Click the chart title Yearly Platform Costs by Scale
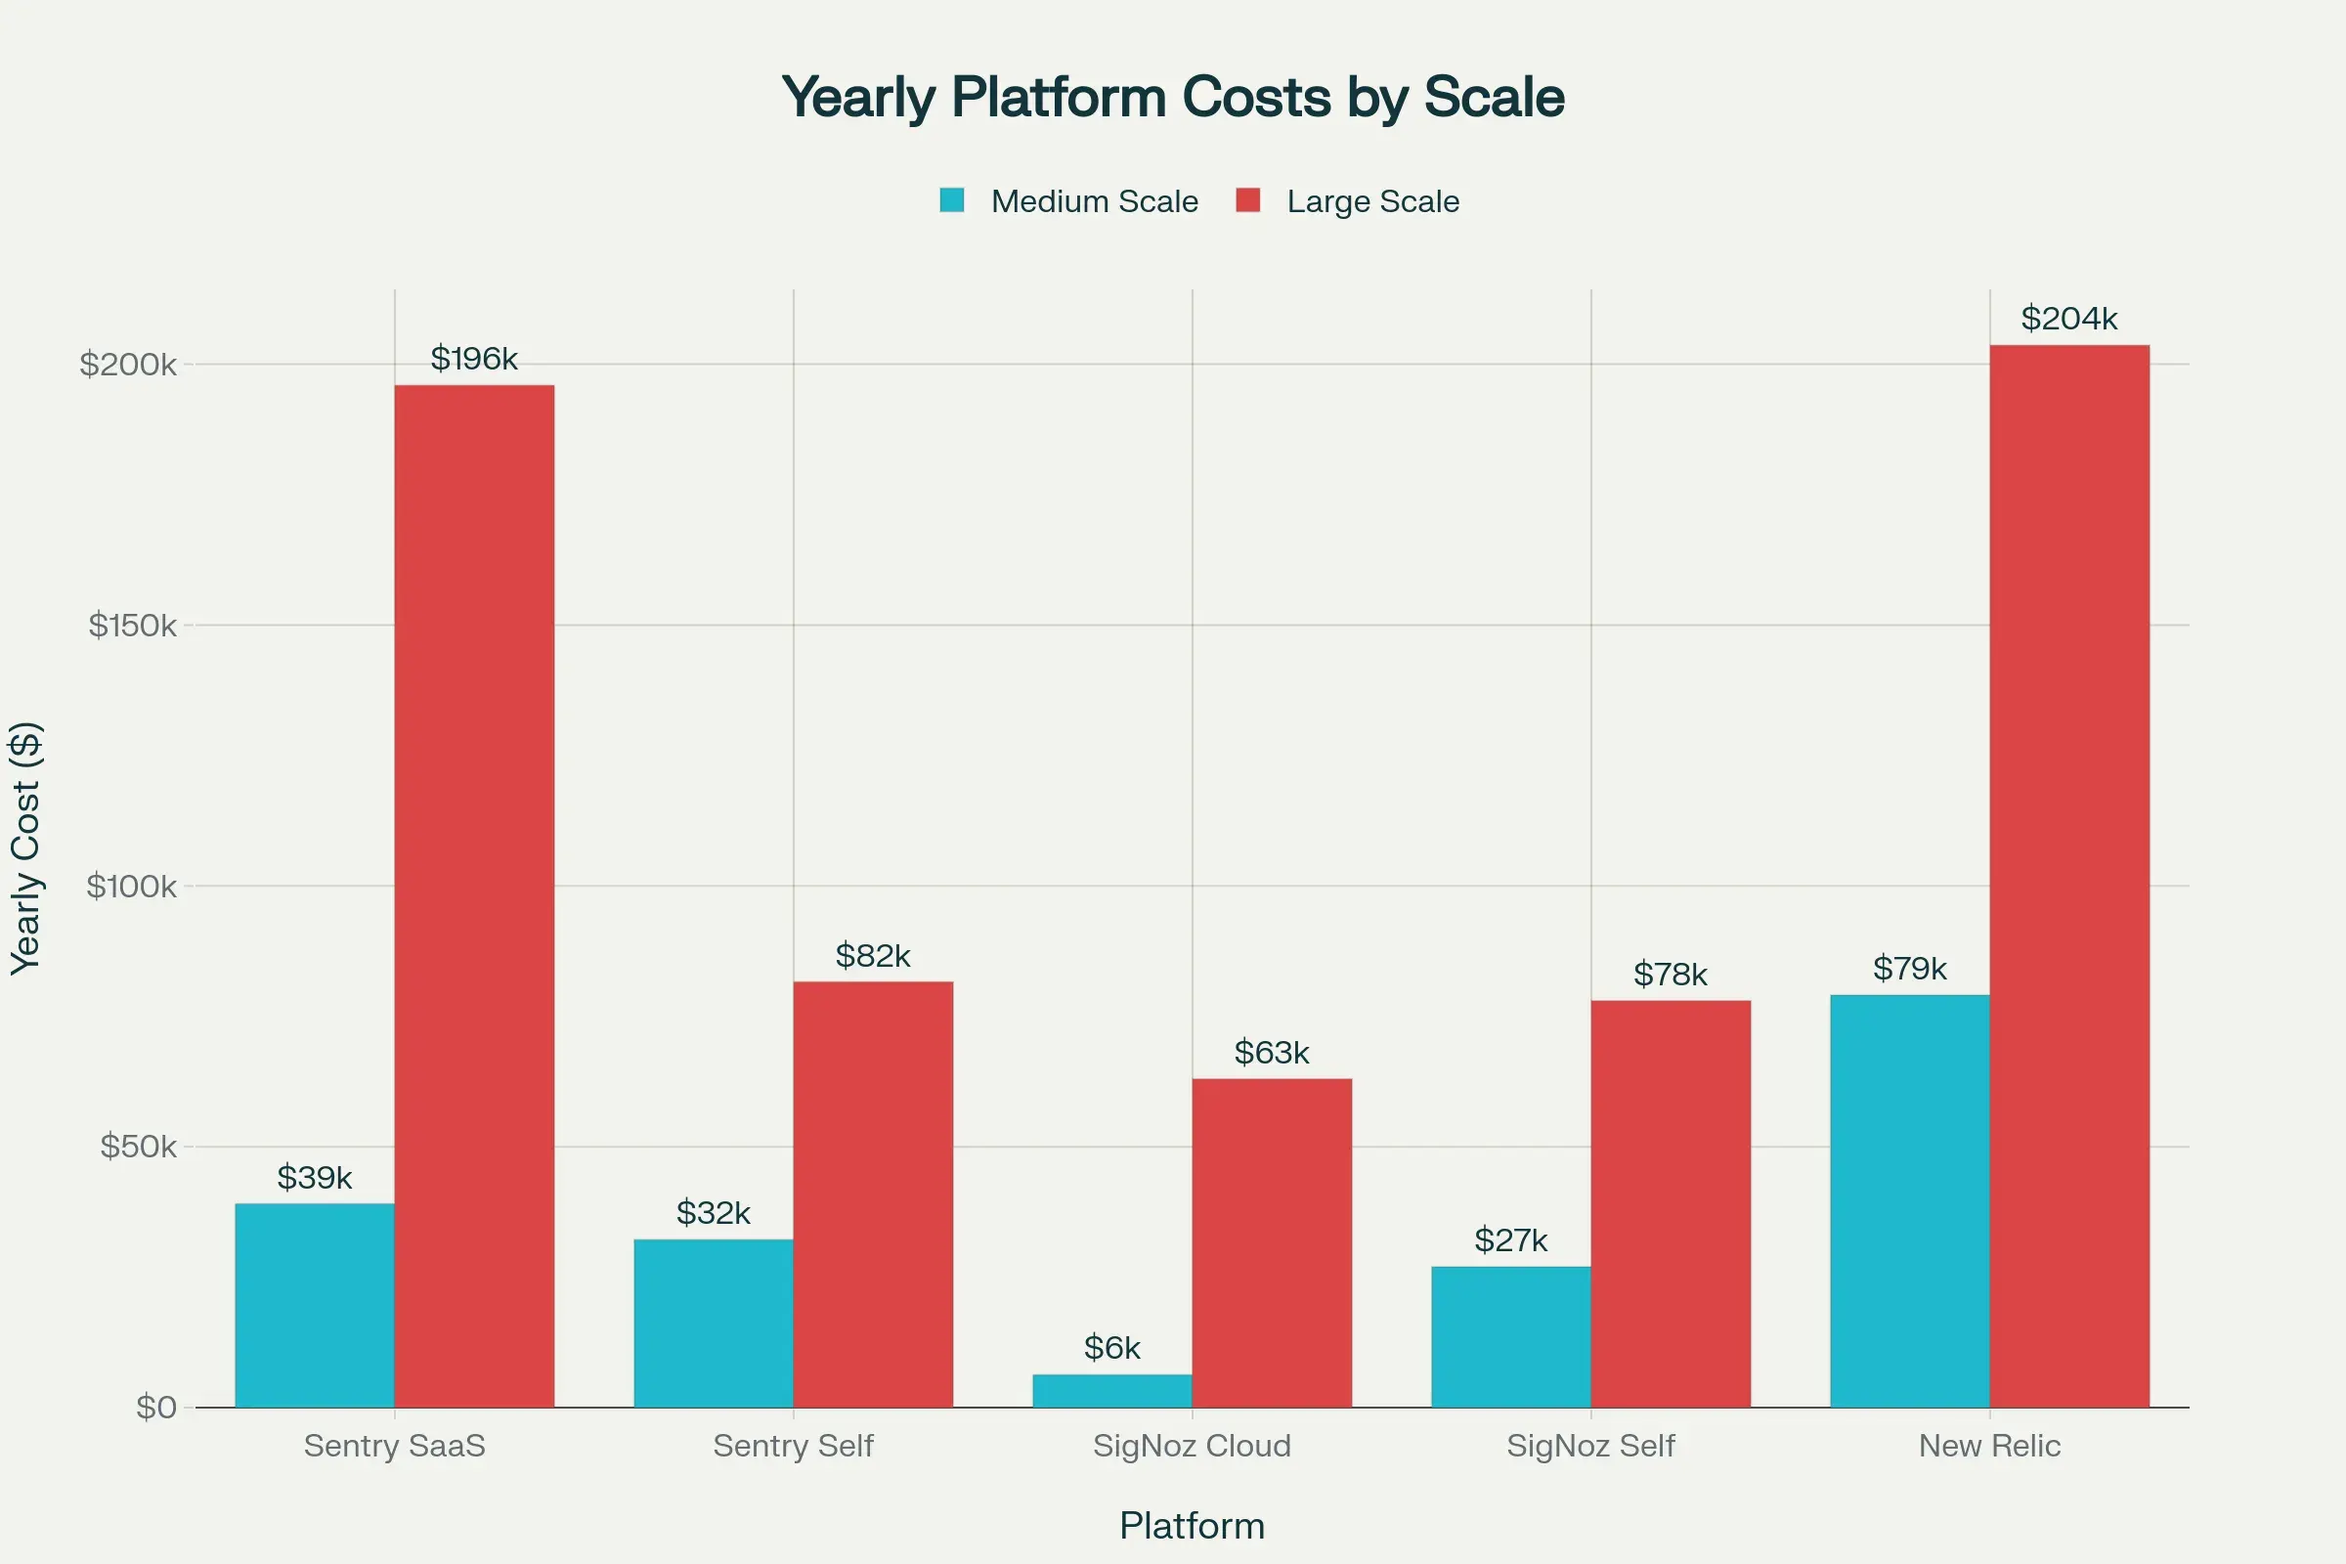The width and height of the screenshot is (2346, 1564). click(1172, 97)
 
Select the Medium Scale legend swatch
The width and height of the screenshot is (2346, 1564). click(951, 200)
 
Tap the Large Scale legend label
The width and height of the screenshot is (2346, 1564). click(1372, 201)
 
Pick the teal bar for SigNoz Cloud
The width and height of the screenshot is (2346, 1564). click(1112, 1390)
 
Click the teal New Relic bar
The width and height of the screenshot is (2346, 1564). click(1909, 1201)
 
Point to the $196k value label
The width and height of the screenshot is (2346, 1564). click(474, 358)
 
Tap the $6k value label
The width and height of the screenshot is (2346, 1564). click(1112, 1348)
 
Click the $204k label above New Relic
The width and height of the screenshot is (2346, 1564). click(2068, 319)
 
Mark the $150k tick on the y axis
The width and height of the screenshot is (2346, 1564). click(132, 626)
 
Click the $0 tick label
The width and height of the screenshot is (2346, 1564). click(155, 1408)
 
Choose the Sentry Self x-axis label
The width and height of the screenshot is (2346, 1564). click(793, 1446)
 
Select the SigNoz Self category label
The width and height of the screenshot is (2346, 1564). click(1590, 1446)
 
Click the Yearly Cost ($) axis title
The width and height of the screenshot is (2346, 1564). click(26, 847)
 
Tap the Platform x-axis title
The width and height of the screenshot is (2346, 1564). click(1192, 1526)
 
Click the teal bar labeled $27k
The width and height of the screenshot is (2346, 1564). click(1510, 1336)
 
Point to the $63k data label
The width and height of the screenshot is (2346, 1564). click(1272, 1053)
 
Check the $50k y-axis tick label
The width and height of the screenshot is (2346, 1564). click(138, 1146)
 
